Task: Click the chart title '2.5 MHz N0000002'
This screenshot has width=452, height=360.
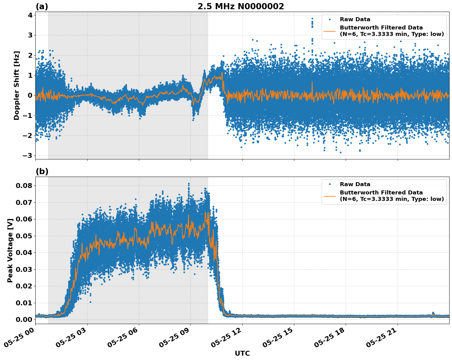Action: tap(241, 6)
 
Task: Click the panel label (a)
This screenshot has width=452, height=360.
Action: tap(42, 6)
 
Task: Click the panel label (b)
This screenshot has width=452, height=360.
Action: tap(42, 171)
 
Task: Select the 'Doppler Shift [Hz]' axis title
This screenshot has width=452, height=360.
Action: tap(17, 85)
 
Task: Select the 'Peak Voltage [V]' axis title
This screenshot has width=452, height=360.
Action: tap(10, 250)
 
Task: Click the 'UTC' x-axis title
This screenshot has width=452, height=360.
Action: tap(242, 353)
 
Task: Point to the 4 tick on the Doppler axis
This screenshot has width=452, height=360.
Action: tap(30, 15)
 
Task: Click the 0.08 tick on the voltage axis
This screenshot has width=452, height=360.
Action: tap(24, 186)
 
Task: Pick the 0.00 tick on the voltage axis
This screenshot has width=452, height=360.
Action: tap(24, 319)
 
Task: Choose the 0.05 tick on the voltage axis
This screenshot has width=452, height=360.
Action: tap(24, 236)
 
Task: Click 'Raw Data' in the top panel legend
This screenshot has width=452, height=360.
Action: tap(355, 19)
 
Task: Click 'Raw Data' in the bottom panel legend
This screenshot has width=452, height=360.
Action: tap(355, 184)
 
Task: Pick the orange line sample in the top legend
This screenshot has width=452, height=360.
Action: tap(330, 31)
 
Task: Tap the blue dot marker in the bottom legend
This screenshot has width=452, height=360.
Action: tap(330, 184)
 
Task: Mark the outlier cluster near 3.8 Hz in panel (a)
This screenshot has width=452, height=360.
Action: tap(312, 22)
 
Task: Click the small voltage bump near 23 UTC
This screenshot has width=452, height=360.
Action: tap(433, 313)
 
